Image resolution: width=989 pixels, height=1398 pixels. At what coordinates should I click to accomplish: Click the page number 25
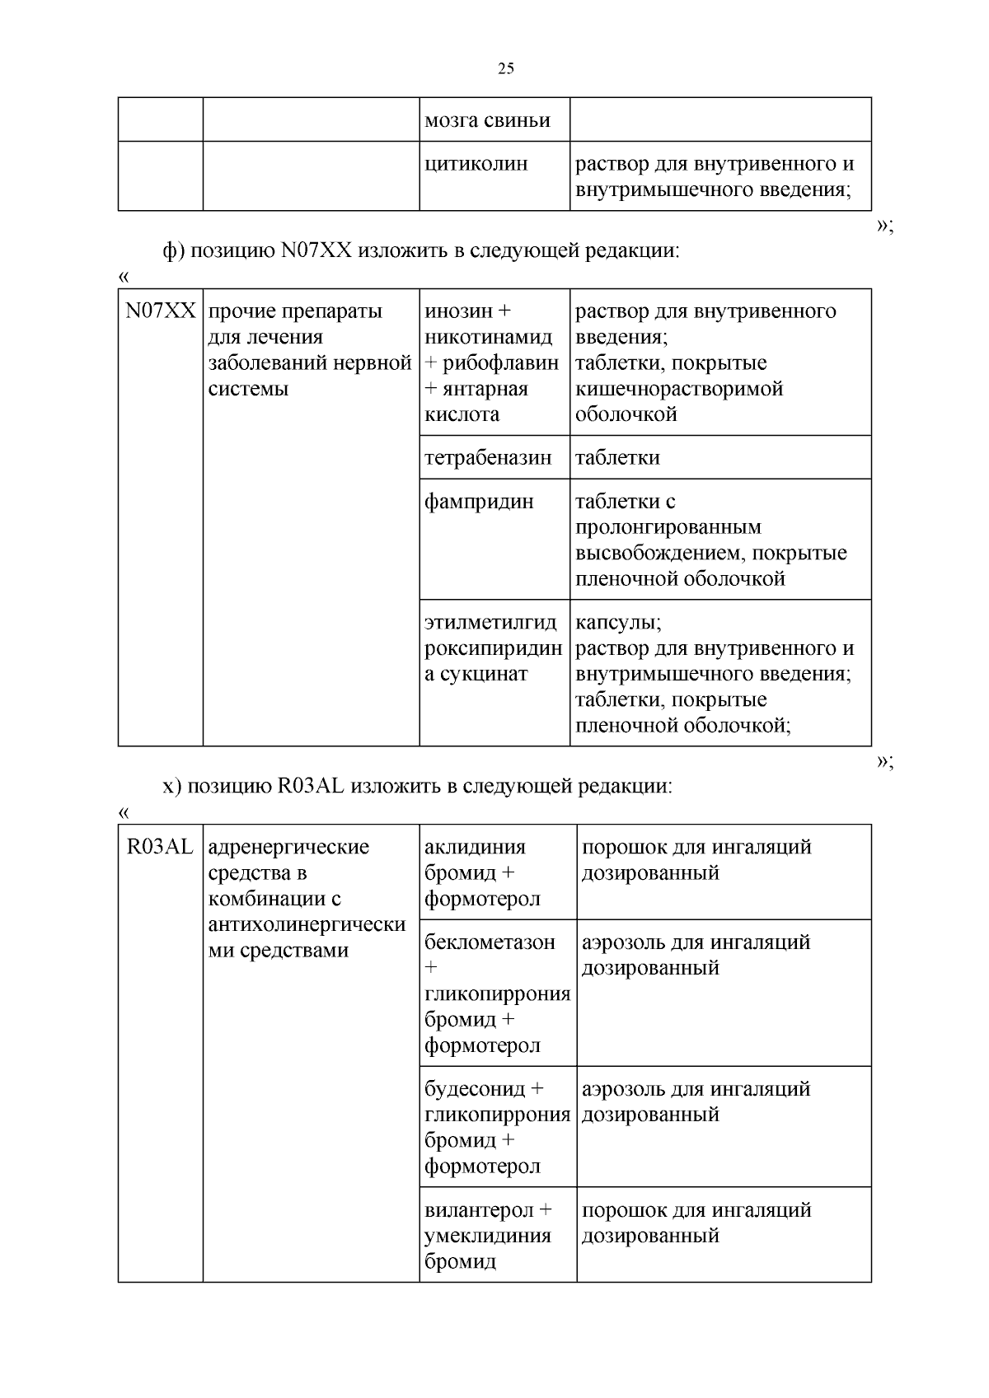pyautogui.click(x=506, y=68)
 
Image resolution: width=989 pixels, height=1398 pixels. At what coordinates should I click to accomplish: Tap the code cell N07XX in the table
pyautogui.click(x=161, y=311)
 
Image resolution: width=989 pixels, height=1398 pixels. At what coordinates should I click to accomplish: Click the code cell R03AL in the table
pyautogui.click(x=161, y=847)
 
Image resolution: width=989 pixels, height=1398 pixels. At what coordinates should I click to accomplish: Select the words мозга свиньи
pyautogui.click(x=486, y=120)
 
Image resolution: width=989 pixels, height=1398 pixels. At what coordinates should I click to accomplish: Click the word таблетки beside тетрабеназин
pyautogui.click(x=617, y=458)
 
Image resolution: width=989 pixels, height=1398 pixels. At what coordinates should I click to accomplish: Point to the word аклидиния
pyautogui.click(x=475, y=847)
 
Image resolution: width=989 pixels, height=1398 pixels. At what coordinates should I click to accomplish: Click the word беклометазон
pyautogui.click(x=490, y=942)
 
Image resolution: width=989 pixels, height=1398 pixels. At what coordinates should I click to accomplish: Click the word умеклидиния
pyautogui.click(x=487, y=1236)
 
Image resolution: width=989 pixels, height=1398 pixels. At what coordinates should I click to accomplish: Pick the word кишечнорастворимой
pyautogui.click(x=678, y=389)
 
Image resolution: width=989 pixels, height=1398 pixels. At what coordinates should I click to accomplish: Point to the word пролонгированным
pyautogui.click(x=668, y=527)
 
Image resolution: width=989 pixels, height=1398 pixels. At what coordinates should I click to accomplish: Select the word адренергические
pyautogui.click(x=288, y=847)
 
